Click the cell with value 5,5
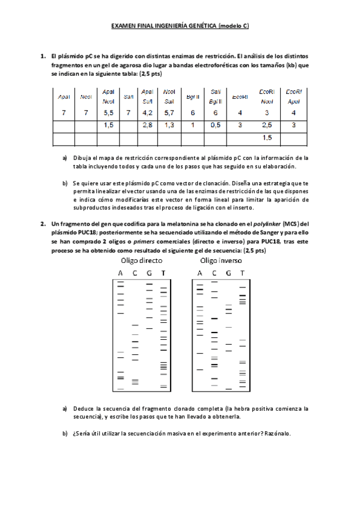pyautogui.click(x=109, y=112)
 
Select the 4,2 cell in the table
pyautogui.click(x=147, y=112)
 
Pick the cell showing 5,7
pyautogui.click(x=169, y=112)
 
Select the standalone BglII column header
pyautogui.click(x=193, y=96)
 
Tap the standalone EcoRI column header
pyautogui.click(x=240, y=96)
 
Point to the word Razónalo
pyautogui.click(x=277, y=434)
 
